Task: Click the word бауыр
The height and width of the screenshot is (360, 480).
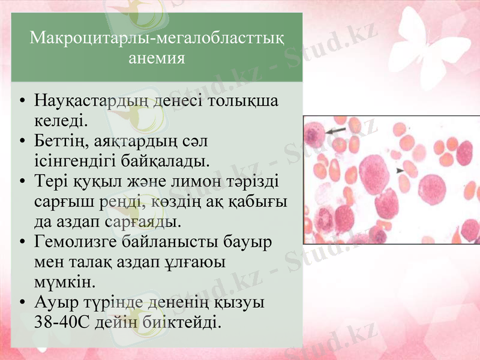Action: tap(248, 242)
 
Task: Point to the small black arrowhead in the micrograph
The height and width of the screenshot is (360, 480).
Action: tap(400, 171)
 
